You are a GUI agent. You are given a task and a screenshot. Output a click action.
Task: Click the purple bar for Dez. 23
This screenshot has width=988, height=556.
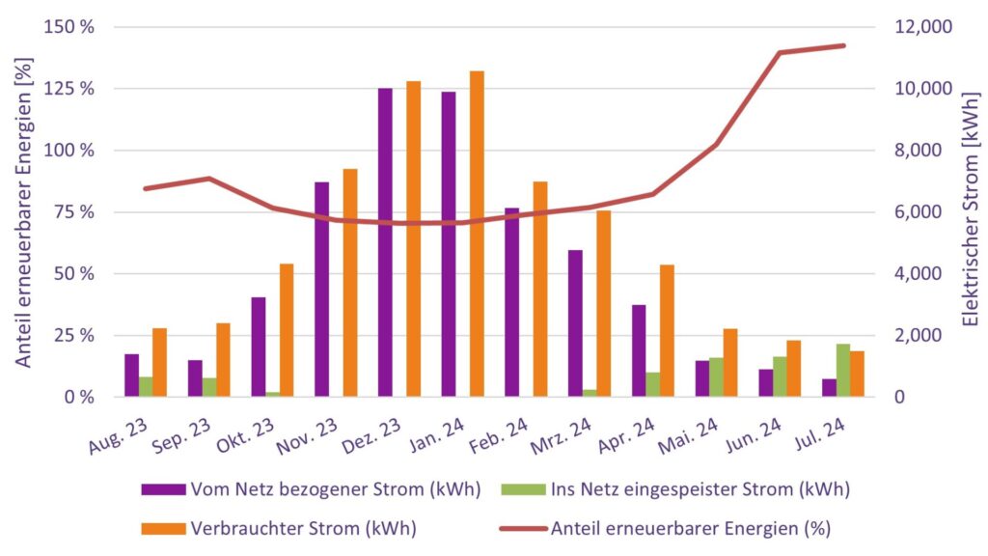point(385,242)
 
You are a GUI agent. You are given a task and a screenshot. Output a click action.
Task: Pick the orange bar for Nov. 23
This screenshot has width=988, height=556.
point(350,283)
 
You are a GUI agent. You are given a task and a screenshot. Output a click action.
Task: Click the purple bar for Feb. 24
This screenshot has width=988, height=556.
point(511,302)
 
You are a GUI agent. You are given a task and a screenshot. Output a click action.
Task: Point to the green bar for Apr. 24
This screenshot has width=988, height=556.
point(653,384)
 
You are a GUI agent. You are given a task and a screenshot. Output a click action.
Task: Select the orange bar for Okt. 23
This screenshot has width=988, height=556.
point(287,330)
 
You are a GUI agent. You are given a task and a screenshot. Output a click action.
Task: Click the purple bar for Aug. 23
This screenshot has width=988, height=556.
point(131,375)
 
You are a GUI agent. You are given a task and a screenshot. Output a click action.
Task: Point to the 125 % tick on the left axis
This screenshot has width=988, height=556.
point(72,89)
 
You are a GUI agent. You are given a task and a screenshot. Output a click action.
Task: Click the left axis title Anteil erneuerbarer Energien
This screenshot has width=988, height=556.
point(24,210)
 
